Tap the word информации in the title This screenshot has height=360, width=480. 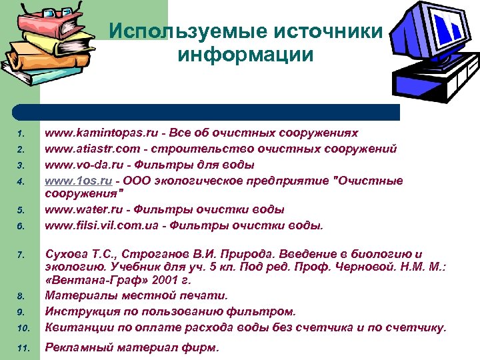(x=246, y=55)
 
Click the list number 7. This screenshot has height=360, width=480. (x=21, y=255)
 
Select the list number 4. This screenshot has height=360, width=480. (x=21, y=181)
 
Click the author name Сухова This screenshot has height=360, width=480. (x=65, y=253)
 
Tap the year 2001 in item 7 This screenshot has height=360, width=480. (x=171, y=281)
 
